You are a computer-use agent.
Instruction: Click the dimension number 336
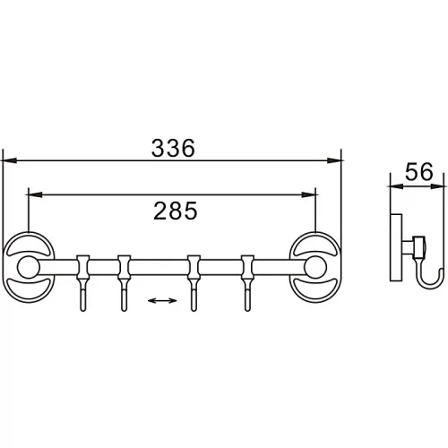click(173, 148)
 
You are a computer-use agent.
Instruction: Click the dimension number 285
click(176, 211)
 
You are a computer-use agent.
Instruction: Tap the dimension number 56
click(418, 172)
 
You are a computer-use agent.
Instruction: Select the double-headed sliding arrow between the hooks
click(162, 300)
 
